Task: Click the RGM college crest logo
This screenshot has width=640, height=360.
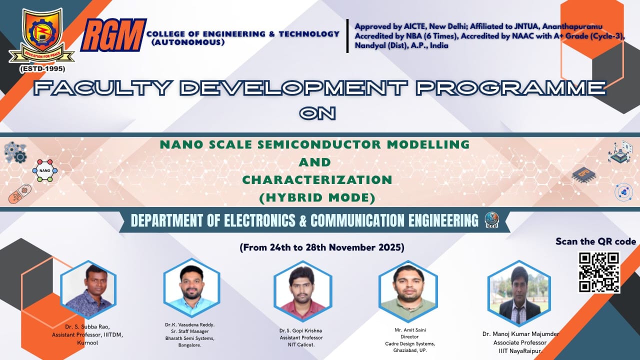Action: point(41,36)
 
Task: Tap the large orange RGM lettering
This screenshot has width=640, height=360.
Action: point(113,35)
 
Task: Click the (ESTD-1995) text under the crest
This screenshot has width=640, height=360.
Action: point(42,69)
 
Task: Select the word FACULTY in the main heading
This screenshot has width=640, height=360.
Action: point(102,87)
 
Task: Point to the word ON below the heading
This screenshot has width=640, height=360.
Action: point(317,113)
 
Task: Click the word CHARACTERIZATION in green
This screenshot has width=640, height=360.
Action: point(317,180)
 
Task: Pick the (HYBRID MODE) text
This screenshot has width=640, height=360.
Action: point(317,197)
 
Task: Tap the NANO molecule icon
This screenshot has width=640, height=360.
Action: point(45,170)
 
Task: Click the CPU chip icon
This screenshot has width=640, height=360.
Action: point(583,174)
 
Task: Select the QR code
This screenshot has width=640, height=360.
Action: point(599,272)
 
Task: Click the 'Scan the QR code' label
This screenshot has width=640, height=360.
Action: point(595,241)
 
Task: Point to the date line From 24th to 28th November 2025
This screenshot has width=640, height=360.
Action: point(322,247)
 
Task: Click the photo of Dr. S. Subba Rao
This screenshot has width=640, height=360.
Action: point(88,289)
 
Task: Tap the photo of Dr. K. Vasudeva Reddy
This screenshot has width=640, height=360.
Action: point(191,287)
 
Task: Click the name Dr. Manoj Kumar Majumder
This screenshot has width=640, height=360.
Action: point(520,334)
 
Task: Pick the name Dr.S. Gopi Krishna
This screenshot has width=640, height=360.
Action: point(300,330)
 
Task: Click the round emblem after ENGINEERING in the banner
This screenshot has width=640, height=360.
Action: point(491,220)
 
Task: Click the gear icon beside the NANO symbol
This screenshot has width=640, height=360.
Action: point(20,157)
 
